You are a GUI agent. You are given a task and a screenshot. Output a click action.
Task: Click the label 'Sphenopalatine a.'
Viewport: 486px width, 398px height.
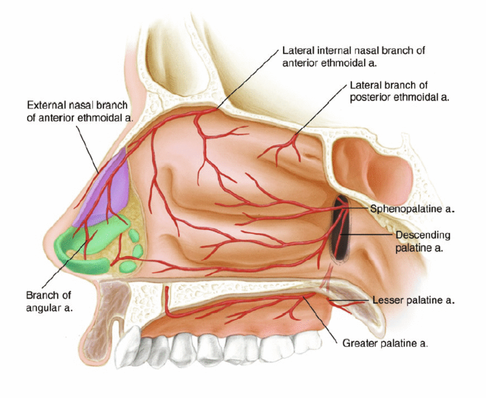[412, 209]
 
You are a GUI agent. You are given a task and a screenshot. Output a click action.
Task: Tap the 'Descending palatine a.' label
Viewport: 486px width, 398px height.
[423, 241]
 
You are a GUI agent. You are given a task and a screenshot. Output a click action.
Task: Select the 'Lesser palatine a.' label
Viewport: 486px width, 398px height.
[413, 300]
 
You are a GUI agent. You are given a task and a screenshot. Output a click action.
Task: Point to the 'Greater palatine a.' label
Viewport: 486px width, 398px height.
[385, 343]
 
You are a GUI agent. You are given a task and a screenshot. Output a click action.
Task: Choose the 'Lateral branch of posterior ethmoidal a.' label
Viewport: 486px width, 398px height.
[399, 91]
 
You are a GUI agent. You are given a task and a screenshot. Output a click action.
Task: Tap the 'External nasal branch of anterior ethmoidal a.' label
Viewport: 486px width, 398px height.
[77, 112]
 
